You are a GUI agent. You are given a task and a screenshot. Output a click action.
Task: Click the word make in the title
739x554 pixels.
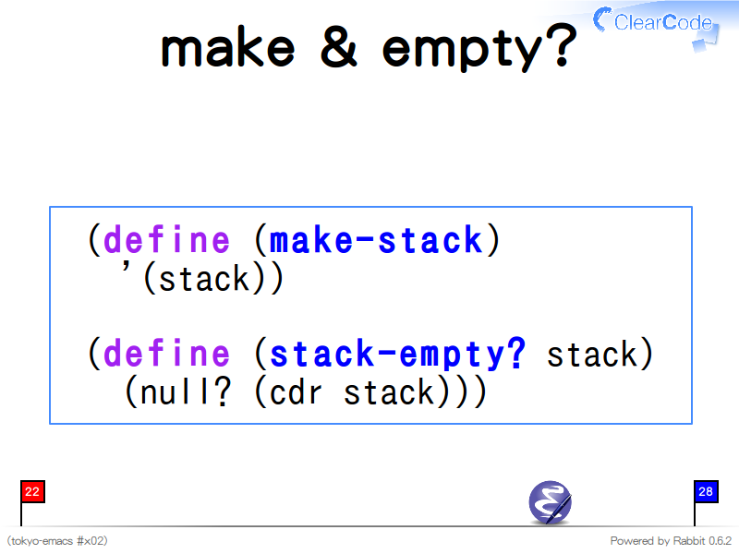click(228, 47)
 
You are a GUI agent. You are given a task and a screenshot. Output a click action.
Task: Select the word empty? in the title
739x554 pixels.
click(479, 49)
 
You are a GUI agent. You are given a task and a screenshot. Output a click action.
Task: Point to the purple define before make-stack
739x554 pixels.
click(166, 239)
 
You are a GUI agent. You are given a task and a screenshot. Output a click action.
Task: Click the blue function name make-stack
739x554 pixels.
click(376, 239)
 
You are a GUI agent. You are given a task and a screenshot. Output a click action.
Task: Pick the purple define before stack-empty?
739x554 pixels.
click(166, 353)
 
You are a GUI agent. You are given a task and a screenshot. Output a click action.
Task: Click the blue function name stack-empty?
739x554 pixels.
click(397, 354)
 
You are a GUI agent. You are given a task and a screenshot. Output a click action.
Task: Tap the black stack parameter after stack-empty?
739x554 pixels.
click(592, 355)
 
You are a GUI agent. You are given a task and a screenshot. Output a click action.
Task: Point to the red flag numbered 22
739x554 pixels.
click(32, 492)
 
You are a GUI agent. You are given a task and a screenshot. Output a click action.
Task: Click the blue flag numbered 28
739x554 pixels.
click(706, 492)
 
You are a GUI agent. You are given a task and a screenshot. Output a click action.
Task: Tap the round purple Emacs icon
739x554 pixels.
click(550, 502)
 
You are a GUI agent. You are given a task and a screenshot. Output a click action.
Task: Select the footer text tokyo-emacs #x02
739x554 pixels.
click(57, 541)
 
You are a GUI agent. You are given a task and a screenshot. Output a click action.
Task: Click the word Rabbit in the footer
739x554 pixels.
click(688, 541)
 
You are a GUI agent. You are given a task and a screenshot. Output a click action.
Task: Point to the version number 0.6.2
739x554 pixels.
click(721, 541)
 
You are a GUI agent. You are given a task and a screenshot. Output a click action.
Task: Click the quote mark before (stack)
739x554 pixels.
click(126, 268)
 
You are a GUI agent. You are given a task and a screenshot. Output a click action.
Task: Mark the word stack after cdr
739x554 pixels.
click(389, 392)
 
